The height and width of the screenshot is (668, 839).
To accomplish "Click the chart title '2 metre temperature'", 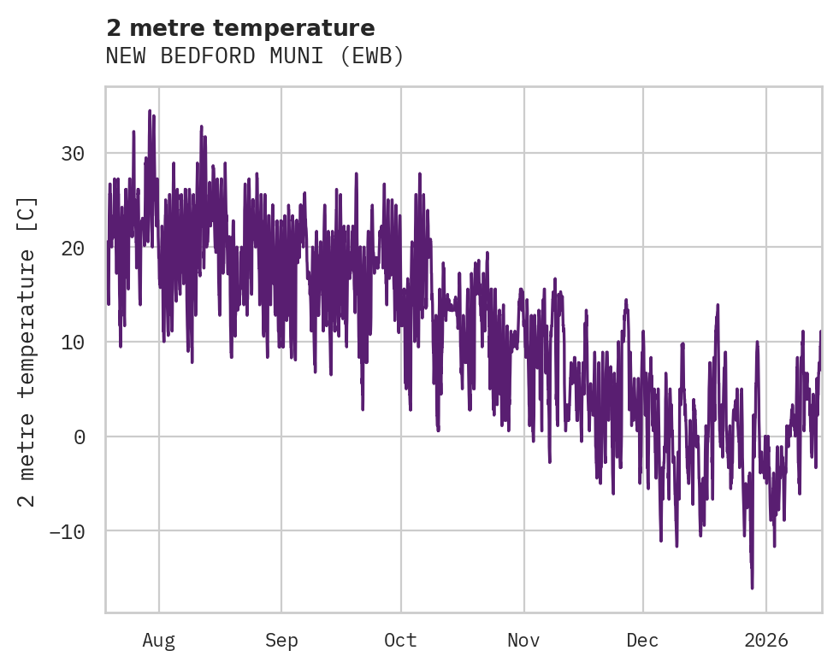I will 240,28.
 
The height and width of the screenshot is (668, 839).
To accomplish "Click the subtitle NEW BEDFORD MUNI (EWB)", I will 254,56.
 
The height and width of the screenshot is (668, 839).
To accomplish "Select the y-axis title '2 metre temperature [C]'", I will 27,351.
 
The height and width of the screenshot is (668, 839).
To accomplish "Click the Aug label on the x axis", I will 159,641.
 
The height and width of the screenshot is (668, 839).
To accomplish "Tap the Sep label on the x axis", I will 281,641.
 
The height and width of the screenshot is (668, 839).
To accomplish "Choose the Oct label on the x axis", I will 400,641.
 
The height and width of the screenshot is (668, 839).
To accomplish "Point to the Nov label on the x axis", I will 523,641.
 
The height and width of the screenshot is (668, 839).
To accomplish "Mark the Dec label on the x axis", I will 642,641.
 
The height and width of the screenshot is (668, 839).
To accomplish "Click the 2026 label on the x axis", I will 766,641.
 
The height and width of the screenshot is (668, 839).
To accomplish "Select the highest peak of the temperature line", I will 150,110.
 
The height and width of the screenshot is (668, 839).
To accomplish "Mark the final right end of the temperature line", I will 820,331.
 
